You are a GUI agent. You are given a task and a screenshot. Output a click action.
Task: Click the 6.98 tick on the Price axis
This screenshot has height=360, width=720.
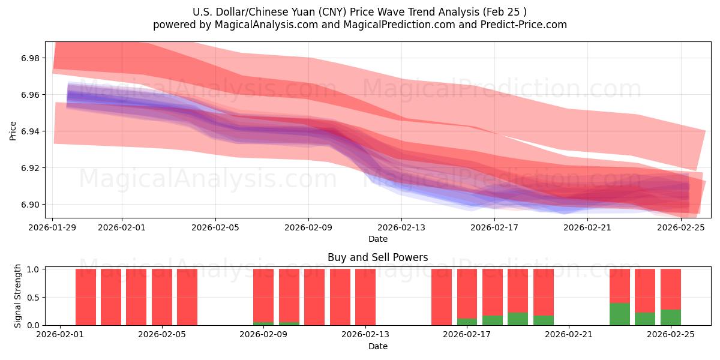coord(28,58)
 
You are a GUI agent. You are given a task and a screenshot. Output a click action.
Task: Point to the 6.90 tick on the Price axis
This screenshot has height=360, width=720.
coord(28,205)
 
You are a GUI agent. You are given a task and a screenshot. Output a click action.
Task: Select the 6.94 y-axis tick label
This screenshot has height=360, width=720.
coord(28,131)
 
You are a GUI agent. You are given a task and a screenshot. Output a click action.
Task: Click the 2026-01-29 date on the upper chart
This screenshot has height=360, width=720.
coord(53,227)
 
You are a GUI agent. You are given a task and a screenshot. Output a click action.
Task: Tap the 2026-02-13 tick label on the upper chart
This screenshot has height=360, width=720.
coord(401,227)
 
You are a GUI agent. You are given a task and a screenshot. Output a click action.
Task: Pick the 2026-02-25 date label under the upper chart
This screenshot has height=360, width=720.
coord(681,227)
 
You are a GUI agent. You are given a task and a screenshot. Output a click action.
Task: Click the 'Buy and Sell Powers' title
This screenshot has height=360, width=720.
coord(377,257)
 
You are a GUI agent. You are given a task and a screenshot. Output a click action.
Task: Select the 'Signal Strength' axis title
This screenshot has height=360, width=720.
coord(18,296)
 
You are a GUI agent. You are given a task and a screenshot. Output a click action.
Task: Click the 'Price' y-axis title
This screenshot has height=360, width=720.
coord(13,130)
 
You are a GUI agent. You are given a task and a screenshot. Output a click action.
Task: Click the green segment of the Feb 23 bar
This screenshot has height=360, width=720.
coord(620,314)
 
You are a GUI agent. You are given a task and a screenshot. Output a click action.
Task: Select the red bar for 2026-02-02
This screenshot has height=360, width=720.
coord(86,297)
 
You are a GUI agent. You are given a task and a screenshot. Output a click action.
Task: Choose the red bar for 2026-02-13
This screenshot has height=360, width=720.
coord(365,297)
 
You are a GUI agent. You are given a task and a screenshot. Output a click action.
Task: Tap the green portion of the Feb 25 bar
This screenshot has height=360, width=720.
coord(671,317)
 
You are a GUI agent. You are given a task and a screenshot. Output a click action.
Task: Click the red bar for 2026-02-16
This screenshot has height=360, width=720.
coord(442,297)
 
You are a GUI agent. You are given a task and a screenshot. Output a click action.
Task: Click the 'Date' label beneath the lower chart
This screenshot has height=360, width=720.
coord(377,346)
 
